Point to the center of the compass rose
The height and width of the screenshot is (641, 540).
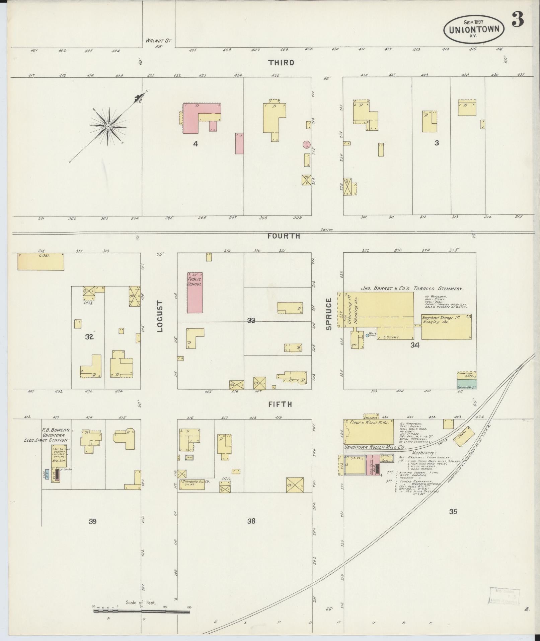pos(108,126)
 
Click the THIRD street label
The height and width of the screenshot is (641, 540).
pos(281,63)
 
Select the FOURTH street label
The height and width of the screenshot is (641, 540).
pos(284,236)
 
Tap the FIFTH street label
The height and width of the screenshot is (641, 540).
pos(280,404)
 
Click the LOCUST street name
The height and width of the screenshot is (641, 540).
pos(160,316)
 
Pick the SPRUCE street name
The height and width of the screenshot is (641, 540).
pos(328,314)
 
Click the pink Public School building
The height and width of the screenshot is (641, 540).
pos(195,293)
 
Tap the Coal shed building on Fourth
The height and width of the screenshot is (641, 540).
pos(41,261)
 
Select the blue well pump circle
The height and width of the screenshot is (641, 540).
pos(367,335)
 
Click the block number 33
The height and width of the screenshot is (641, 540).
pos(251,321)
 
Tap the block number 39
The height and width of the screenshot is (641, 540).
pos(93,521)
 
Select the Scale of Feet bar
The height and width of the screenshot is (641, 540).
pos(141,612)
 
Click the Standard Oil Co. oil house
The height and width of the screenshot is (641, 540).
pos(191,485)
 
